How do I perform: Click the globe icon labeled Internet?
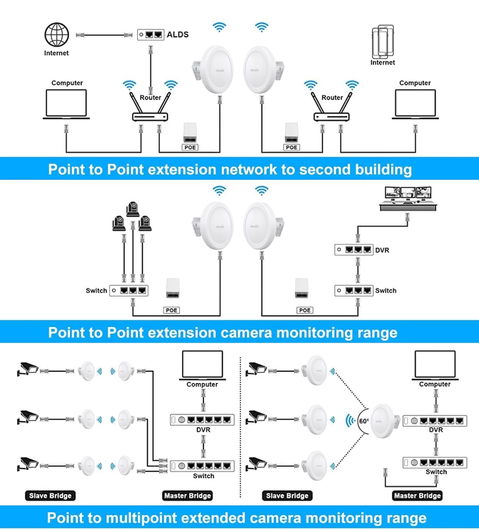coord(57,35)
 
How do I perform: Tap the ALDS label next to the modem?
coord(177,34)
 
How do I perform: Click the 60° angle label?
coord(363,421)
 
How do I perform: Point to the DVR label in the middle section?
coord(382,250)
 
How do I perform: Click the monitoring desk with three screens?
coord(408,199)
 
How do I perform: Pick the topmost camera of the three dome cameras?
coord(133,209)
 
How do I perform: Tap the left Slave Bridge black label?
coord(50,496)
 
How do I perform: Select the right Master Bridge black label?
coord(417,496)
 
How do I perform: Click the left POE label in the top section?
coord(190,148)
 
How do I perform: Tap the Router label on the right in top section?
coord(332,98)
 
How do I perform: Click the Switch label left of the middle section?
coord(96,291)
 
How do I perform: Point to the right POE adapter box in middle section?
coord(302,288)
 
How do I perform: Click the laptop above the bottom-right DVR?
coord(435,365)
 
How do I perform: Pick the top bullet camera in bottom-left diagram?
coord(28,368)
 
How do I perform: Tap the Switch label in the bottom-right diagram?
coord(436,472)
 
